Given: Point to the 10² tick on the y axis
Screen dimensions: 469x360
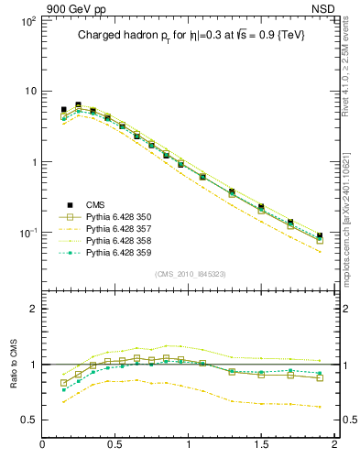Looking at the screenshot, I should click(27, 20).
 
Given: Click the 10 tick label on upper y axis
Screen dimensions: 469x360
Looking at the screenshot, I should click(29, 92).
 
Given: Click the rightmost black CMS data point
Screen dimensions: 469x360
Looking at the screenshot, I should click(320, 236).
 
